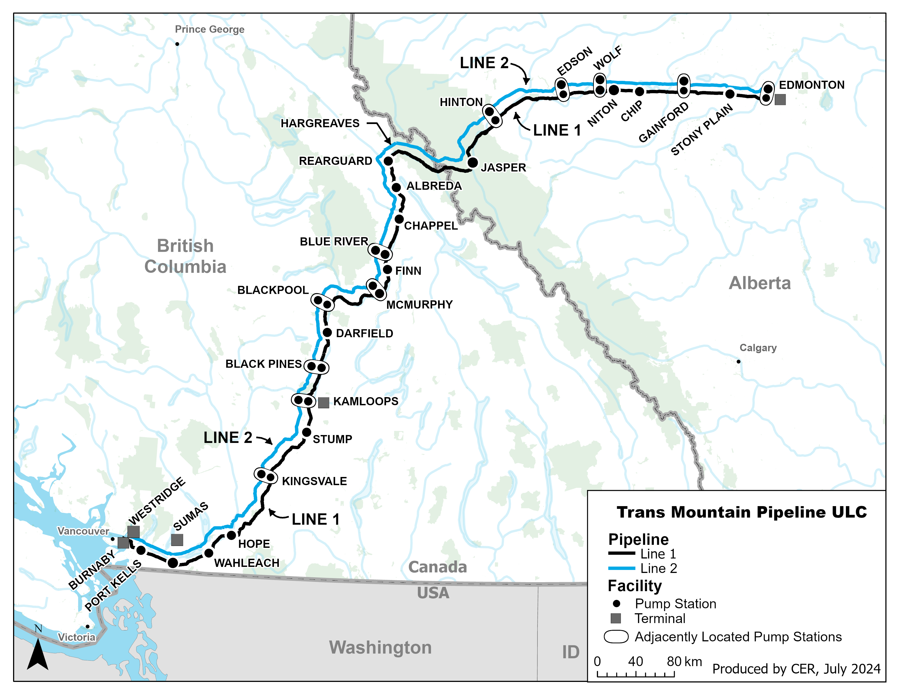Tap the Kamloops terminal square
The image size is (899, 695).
point(324,403)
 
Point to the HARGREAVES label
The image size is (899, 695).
point(320,123)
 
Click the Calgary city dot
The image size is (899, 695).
point(739,361)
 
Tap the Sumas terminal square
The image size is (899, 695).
point(177,540)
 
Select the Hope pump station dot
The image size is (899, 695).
point(231,535)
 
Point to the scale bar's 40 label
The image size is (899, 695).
point(635,661)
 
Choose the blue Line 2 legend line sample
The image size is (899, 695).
point(622,568)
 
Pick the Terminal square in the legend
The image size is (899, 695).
point(615,618)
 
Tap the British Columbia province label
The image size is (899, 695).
point(185,256)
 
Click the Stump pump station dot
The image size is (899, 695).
point(307,432)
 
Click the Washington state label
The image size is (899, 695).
point(380,647)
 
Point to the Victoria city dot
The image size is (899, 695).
point(87,627)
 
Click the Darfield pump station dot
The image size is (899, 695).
point(327,333)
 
